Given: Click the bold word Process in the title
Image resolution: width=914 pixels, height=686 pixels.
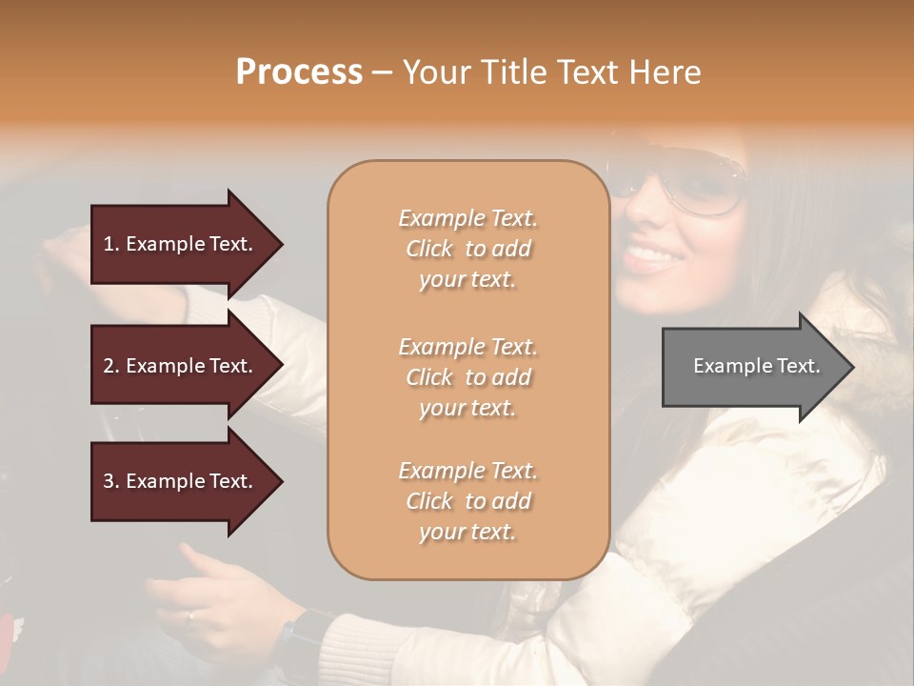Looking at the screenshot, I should [x=299, y=72].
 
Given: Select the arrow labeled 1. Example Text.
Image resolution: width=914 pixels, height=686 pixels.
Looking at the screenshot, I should [x=181, y=244].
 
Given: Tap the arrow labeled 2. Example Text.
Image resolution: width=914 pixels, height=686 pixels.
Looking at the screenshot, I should [x=181, y=366].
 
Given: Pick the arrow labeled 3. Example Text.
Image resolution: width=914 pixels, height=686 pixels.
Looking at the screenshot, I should [x=181, y=481].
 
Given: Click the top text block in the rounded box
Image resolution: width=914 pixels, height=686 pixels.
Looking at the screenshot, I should [x=467, y=249].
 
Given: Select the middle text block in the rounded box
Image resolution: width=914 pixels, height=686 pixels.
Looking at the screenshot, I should [x=467, y=377].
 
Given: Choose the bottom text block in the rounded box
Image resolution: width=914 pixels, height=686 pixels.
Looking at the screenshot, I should [x=467, y=501].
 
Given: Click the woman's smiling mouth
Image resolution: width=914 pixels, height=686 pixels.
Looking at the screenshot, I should [x=650, y=255].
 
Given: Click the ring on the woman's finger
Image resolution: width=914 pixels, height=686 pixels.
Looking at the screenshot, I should [x=190, y=615].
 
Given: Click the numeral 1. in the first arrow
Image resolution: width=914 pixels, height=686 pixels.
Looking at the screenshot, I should [x=110, y=244].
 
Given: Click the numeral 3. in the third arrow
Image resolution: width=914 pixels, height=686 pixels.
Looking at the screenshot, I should [x=110, y=481].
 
